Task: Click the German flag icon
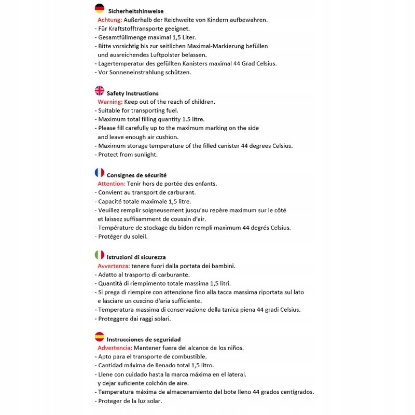(100, 8)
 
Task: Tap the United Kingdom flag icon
(100, 91)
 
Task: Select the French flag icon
(100, 173)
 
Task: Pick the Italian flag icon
(100, 255)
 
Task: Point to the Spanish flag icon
(100, 337)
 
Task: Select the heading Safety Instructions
(132, 93)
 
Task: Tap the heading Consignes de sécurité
(136, 175)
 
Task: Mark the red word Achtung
(109, 20)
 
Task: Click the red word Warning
(110, 102)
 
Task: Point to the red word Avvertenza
(117, 266)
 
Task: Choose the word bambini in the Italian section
(222, 266)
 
